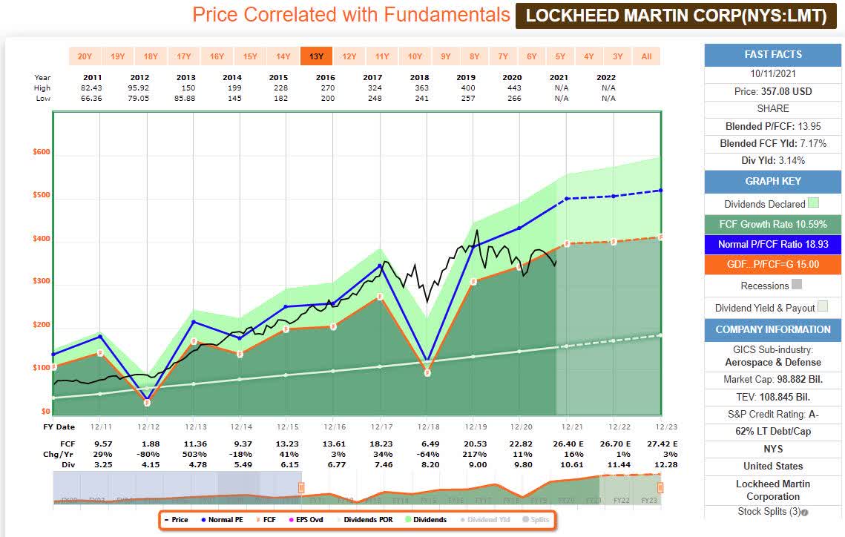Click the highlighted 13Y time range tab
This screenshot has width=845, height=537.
(x=315, y=56)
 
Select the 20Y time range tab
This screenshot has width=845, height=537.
(x=85, y=56)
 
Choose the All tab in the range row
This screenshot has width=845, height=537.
(x=646, y=56)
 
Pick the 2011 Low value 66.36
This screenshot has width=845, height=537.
(x=93, y=98)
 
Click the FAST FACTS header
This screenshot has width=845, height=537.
(x=773, y=54)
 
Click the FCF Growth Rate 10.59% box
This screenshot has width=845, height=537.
(x=773, y=224)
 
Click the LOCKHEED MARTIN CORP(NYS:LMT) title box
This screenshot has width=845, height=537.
(x=676, y=16)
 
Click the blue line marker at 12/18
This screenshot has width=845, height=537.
(x=427, y=358)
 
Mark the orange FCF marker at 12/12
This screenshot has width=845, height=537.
(x=147, y=403)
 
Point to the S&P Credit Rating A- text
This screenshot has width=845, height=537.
(x=773, y=413)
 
